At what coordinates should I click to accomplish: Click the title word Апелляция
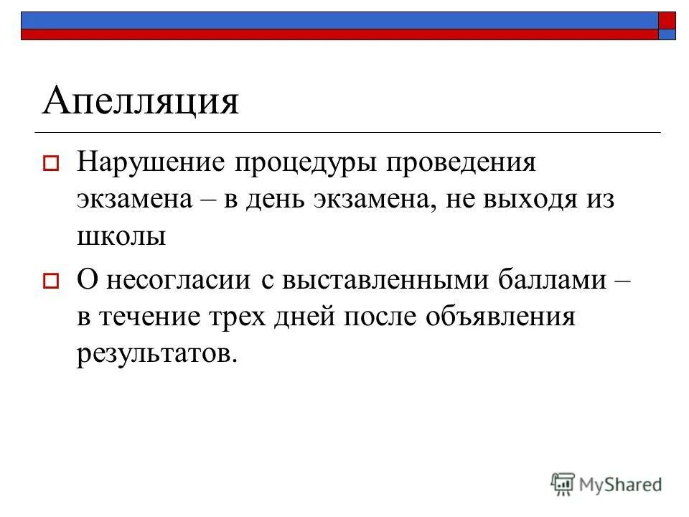(140, 101)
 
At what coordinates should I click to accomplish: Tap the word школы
(122, 236)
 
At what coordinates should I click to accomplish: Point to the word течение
(153, 317)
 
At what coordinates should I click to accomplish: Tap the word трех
(242, 317)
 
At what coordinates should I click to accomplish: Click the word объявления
(501, 317)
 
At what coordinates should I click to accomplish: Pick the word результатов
(156, 353)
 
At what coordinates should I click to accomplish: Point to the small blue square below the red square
(667, 34)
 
